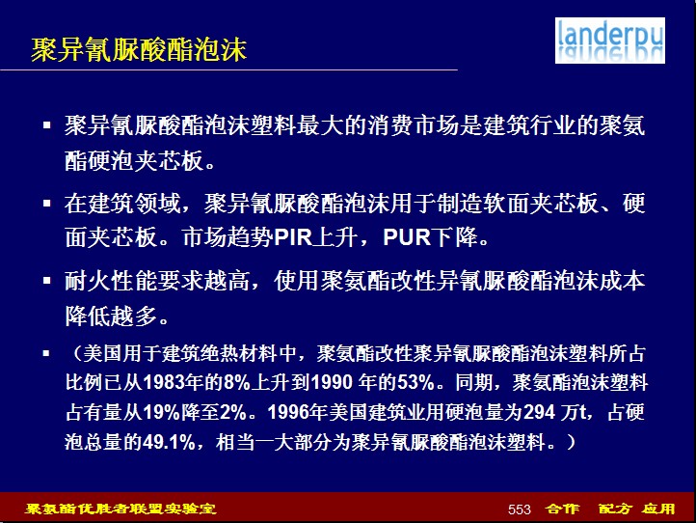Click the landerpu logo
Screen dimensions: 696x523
click(610, 41)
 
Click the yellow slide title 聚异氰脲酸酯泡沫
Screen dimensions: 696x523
click(139, 49)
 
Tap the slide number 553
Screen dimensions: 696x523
click(520, 509)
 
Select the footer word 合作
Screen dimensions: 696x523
click(562, 509)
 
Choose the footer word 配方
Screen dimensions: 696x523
click(615, 509)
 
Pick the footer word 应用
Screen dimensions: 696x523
click(658, 509)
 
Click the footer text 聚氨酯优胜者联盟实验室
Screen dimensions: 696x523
click(120, 509)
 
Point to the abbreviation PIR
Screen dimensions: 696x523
click(293, 237)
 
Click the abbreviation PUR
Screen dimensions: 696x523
click(407, 237)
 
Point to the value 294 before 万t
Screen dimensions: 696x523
click(539, 412)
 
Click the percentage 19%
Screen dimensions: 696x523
click(161, 412)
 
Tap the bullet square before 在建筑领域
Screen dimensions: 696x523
click(47, 204)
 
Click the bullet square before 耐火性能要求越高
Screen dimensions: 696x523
click(47, 281)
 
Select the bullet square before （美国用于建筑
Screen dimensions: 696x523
click(46, 354)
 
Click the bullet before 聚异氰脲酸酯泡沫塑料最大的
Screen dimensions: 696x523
click(47, 125)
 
